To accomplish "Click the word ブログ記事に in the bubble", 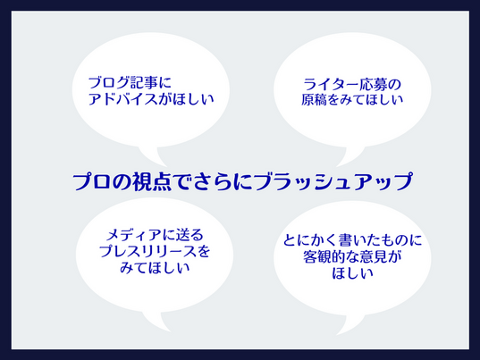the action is (x=130, y=83).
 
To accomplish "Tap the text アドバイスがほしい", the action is (x=151, y=99).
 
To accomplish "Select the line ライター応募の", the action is (x=352, y=85).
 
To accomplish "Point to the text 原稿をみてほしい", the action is (x=352, y=100).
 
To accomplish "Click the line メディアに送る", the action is (x=155, y=235).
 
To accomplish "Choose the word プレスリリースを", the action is (x=155, y=251).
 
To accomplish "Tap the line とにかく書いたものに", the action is (x=352, y=240).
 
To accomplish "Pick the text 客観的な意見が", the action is (x=352, y=256).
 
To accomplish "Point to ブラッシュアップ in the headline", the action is (x=333, y=181).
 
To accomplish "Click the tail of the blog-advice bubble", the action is (x=153, y=157).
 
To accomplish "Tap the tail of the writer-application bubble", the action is (x=351, y=157).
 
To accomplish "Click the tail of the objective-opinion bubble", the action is (x=351, y=325).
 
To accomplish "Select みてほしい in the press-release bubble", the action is (x=155, y=268).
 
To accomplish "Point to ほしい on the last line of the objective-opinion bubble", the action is (x=352, y=273).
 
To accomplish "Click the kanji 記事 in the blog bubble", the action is (x=144, y=83).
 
